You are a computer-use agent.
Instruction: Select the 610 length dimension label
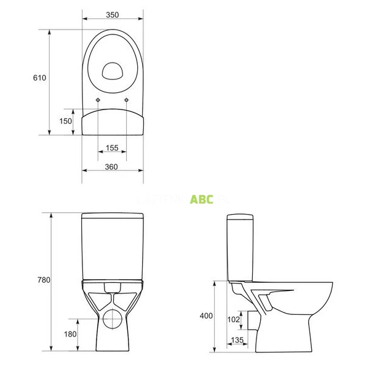tap(39, 78)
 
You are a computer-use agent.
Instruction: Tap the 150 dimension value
tap(66, 121)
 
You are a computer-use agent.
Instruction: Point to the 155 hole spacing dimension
tap(112, 148)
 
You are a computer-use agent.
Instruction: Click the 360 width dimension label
tap(113, 167)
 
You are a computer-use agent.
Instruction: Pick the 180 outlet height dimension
tap(70, 334)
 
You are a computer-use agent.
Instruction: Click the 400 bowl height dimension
tap(206, 315)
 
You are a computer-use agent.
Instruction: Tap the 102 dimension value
tap(234, 319)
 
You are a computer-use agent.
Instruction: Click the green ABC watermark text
tap(202, 199)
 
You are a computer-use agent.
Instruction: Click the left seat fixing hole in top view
tap(98, 100)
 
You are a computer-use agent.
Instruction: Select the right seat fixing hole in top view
tap(127, 100)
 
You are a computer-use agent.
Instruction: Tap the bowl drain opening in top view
tap(113, 71)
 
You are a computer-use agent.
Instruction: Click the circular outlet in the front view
tap(113, 318)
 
